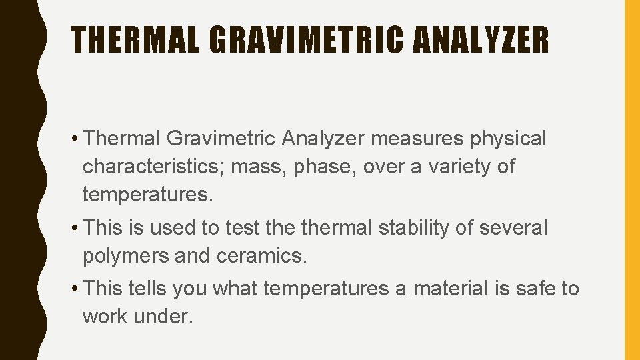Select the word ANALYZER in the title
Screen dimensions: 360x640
481,40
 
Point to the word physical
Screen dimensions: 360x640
509,139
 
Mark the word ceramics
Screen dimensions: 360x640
263,256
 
